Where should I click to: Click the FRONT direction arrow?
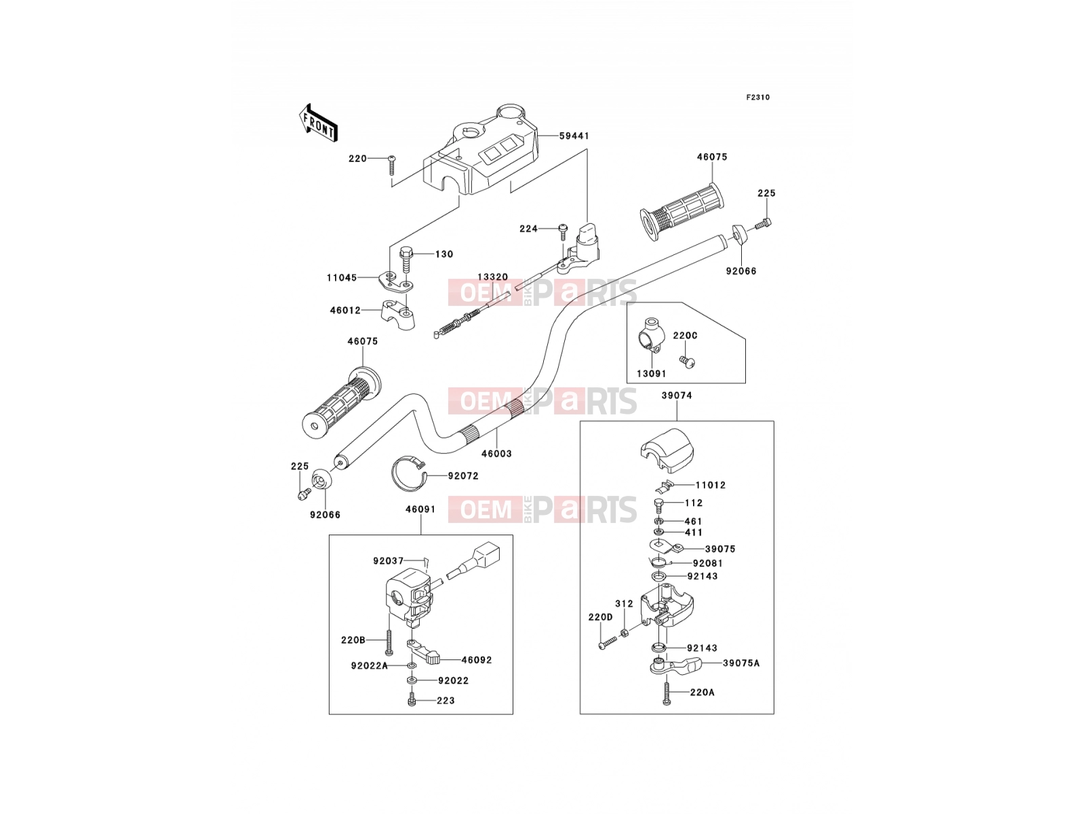tap(318, 123)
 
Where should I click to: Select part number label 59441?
tap(574, 136)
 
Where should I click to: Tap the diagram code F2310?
tap(757, 98)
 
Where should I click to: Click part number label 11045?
tap(342, 277)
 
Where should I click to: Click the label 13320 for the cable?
tap(492, 277)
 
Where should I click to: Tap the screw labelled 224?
tap(563, 232)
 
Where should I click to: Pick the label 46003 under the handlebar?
tap(497, 453)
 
